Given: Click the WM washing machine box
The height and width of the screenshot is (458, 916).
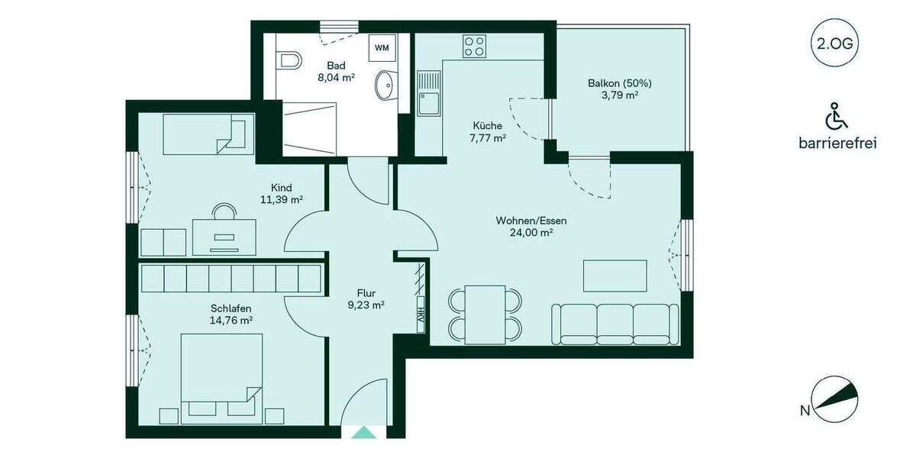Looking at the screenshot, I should pos(382,48).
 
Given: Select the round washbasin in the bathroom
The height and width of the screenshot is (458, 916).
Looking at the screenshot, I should pos(386,82).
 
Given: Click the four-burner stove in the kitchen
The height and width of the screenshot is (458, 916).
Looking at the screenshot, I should pos(475,46).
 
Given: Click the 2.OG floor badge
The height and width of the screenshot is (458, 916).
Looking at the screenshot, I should pos(834,43).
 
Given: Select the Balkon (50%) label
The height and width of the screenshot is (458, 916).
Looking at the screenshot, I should pos(619,83).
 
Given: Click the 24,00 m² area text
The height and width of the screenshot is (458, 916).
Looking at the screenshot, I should pos(531,234).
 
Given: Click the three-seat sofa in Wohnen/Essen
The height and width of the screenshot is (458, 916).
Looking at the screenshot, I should pos(614,323).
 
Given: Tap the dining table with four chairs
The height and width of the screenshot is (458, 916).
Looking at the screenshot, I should pos(485,313).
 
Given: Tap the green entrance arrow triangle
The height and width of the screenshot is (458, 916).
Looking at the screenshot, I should pos(363,432).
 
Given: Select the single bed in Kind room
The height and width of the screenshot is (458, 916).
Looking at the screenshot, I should pos(208,134).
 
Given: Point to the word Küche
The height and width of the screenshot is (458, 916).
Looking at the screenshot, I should pos(487,126).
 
